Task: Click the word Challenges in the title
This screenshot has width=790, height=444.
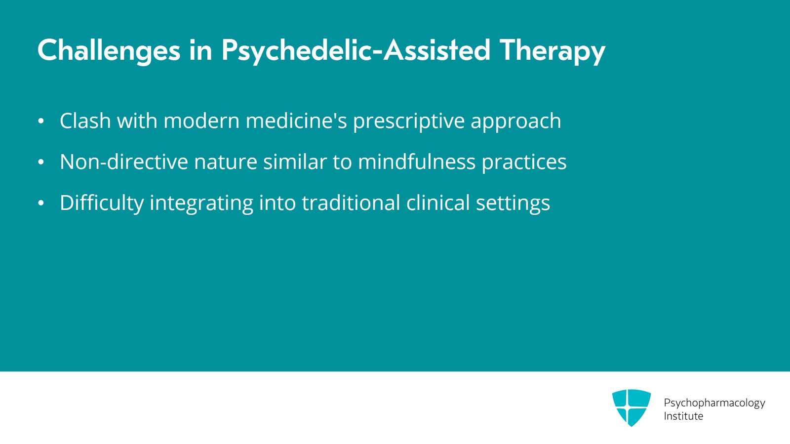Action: point(109,51)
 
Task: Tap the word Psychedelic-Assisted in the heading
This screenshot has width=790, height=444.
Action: point(356,51)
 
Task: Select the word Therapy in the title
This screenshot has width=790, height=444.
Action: point(553,51)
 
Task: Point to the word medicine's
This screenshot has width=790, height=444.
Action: point(296,121)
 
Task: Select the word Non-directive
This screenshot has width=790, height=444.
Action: point(124,161)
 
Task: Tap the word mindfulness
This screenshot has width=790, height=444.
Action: point(417,161)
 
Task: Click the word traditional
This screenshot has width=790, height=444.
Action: point(351,202)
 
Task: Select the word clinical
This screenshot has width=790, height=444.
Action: point(438,202)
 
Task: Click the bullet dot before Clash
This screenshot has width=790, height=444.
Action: point(41,121)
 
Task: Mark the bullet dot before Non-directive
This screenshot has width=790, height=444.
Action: point(41,162)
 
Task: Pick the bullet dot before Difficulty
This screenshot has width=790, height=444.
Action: point(41,203)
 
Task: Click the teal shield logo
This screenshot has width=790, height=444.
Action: point(632,407)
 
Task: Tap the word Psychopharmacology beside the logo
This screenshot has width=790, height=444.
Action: point(714,403)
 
